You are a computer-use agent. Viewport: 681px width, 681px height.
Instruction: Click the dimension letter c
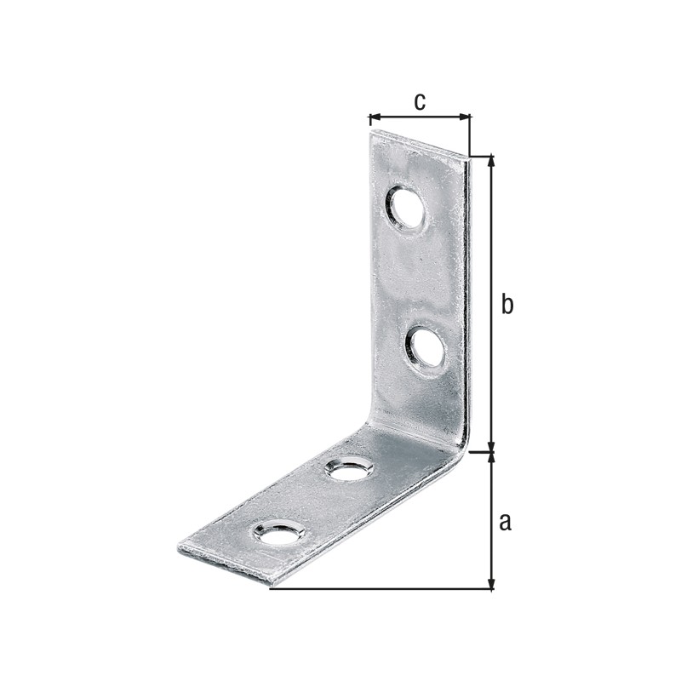420,101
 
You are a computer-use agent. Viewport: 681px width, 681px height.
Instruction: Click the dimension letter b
506,304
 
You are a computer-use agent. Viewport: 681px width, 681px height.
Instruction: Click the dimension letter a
505,522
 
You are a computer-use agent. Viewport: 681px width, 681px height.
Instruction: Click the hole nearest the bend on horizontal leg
350,466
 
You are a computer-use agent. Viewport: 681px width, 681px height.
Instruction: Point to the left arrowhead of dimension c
375,117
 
